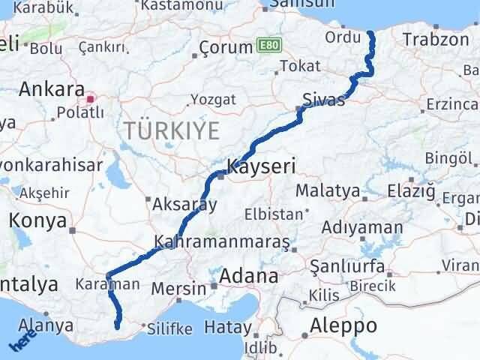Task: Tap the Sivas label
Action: click(324, 100)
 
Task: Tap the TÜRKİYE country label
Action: click(172, 130)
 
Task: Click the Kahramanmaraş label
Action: click(222, 242)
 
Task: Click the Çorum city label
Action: click(226, 48)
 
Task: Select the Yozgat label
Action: click(213, 99)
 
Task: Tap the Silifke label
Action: click(169, 328)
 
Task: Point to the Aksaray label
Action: click(184, 203)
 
